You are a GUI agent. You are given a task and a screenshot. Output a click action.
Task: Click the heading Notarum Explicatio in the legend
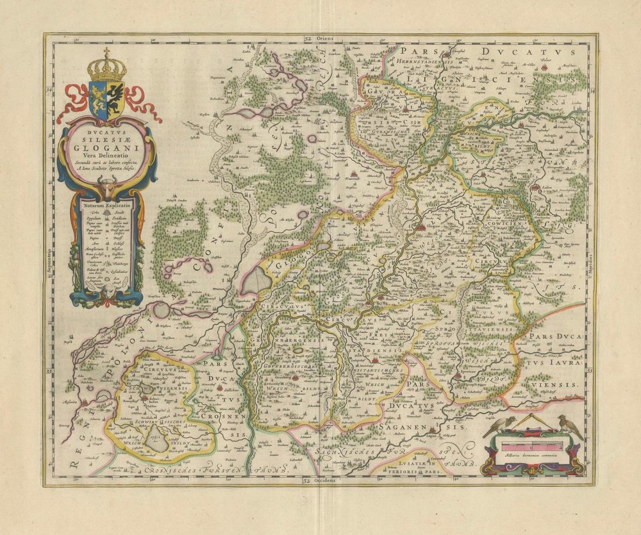(x=107, y=206)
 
